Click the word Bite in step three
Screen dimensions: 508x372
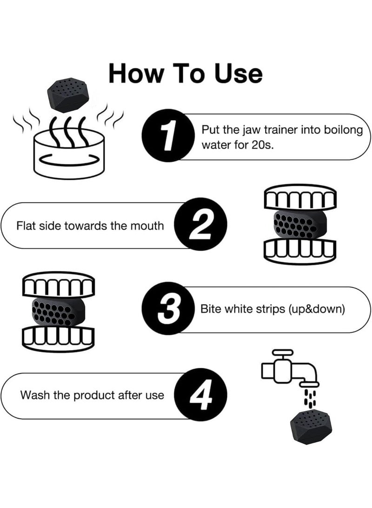(210, 309)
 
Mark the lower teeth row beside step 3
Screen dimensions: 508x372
(59, 338)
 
